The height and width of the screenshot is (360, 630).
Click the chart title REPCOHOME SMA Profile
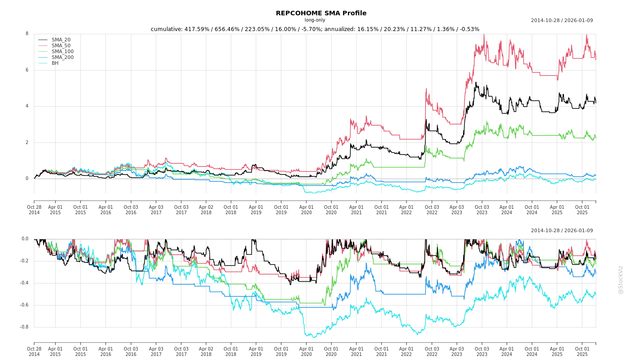[x=321, y=13]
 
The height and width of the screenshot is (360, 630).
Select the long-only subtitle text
[x=315, y=20]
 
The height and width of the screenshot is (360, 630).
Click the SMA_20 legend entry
[x=61, y=40]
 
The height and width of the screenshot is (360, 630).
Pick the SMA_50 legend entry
[x=61, y=46]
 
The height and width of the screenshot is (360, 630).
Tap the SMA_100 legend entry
[x=63, y=52]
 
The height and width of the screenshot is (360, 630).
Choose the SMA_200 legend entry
[x=63, y=58]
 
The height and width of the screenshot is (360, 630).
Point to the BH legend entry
[x=55, y=63]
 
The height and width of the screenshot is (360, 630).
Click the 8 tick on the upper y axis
[x=27, y=34]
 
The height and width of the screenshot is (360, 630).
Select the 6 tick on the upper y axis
[x=27, y=70]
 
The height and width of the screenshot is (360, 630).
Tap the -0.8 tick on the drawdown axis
[x=24, y=327]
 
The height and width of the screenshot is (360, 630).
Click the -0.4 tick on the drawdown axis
[x=24, y=283]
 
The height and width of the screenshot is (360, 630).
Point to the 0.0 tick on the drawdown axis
[x=25, y=239]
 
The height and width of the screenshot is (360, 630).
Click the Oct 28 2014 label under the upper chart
[x=34, y=210]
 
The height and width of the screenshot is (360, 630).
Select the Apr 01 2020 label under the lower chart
[x=306, y=352]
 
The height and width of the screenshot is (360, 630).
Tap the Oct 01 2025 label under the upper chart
[x=582, y=210]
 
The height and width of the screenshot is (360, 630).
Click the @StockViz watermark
[x=621, y=279]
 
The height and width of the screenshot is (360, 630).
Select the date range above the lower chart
[x=562, y=231]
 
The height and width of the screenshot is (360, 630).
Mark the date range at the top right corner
[x=562, y=20]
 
